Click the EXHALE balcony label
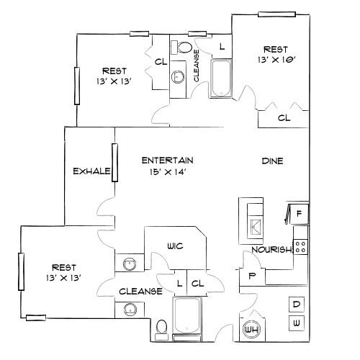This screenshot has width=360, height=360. pyautogui.click(x=91, y=171)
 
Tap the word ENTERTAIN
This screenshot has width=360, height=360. pyautogui.click(x=168, y=160)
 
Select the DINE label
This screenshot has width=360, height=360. pyautogui.click(x=271, y=161)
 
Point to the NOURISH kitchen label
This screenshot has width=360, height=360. pyautogui.click(x=271, y=250)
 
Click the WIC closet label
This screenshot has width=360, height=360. pyautogui.click(x=175, y=246)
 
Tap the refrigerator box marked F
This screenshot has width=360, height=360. pyautogui.click(x=298, y=213)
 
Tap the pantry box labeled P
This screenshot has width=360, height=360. pyautogui.click(x=252, y=276)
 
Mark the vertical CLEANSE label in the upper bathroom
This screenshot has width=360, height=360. pyautogui.click(x=197, y=63)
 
